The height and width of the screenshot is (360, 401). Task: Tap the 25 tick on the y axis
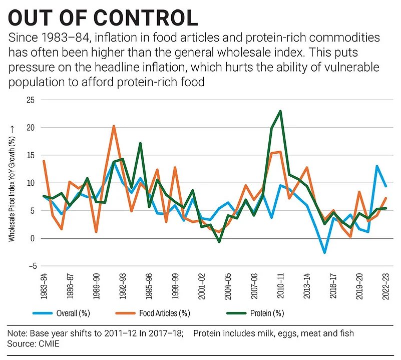[31, 100]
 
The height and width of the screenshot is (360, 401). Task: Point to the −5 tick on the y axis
[31, 266]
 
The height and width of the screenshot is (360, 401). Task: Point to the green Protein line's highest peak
[280, 111]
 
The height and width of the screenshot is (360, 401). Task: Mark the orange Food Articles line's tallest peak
[114, 126]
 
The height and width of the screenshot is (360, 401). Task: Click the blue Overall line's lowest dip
[324, 253]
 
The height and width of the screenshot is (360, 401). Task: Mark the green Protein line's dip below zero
[219, 242]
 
